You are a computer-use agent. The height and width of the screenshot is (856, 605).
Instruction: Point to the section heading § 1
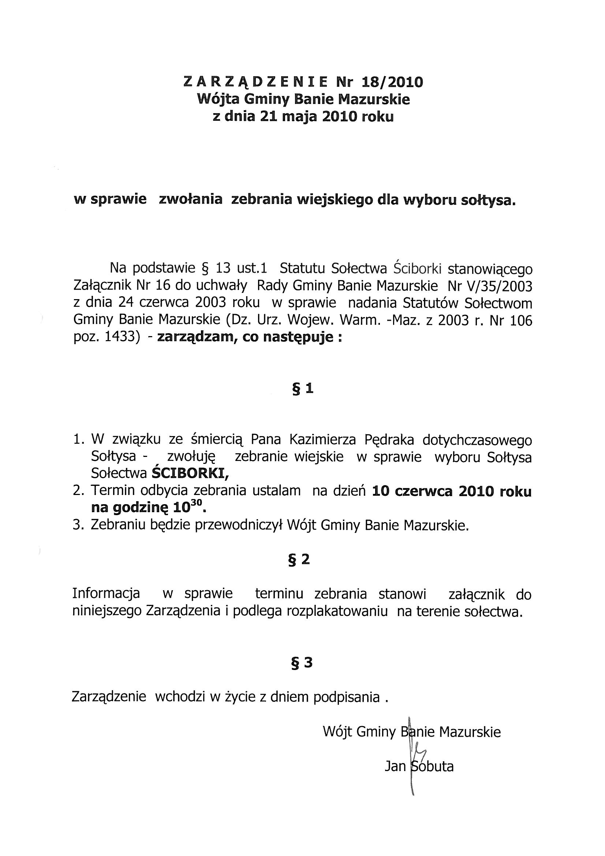[x=302, y=389]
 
